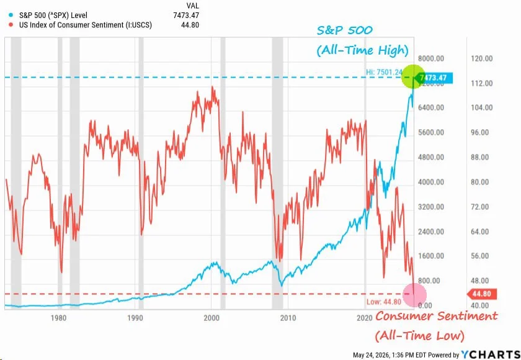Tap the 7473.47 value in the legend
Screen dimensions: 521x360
(186, 16)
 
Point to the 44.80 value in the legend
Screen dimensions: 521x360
(190, 25)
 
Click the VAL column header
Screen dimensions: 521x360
(192, 6)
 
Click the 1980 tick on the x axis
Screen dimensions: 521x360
(58, 318)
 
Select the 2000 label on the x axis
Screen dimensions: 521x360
(212, 318)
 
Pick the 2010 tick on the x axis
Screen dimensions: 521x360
(288, 318)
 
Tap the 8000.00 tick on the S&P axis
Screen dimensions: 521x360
(431, 58)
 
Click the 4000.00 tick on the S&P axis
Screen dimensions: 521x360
(431, 182)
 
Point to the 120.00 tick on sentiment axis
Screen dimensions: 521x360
(482, 58)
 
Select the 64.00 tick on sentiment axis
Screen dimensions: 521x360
(480, 232)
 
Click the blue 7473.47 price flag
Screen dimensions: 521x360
(433, 78)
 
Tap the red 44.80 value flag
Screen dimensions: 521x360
(482, 294)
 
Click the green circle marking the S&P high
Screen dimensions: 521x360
(413, 77)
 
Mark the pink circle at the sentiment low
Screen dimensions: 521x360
(414, 294)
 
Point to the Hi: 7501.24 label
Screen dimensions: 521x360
(384, 72)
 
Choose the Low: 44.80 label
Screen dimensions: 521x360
(384, 302)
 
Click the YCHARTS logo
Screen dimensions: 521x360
(491, 354)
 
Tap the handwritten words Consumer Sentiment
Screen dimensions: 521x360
(436, 316)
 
